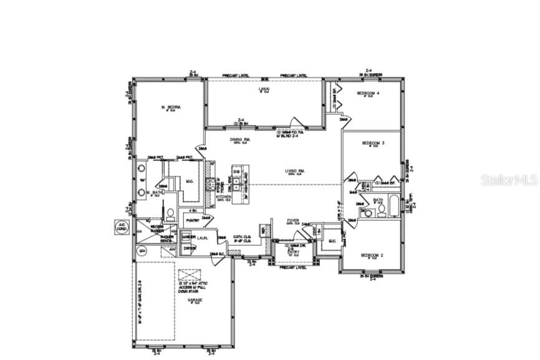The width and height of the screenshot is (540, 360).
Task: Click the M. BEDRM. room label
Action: (x=171, y=108)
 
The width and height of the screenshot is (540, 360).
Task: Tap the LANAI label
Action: (x=264, y=90)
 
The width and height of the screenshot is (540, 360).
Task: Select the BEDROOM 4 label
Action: (x=368, y=93)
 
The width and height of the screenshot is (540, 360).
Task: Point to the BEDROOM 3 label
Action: (x=374, y=144)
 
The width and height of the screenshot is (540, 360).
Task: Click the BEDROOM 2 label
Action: (x=373, y=255)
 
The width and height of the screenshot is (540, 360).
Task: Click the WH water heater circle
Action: (x=142, y=251)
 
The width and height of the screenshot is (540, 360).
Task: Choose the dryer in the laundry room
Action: (x=188, y=249)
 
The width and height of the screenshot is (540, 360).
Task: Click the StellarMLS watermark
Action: (x=508, y=180)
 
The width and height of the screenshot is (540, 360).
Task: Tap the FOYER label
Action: (x=293, y=220)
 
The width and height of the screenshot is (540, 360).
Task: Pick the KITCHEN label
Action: (x=224, y=197)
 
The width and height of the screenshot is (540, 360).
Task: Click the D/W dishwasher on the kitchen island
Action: (x=237, y=170)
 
